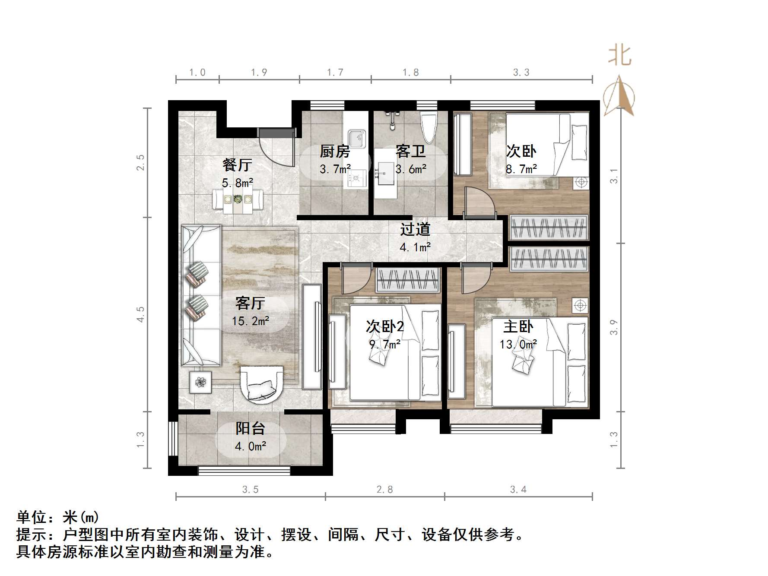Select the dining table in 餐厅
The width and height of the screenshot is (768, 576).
click(238, 199)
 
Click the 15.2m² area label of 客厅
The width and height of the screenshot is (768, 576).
click(251, 321)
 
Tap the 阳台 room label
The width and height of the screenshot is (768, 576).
click(250, 428)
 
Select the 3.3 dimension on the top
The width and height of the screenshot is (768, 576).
click(521, 73)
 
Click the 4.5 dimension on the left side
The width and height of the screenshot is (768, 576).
click(140, 314)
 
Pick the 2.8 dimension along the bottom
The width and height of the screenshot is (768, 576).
click(384, 490)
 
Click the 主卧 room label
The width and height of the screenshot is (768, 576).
click(518, 326)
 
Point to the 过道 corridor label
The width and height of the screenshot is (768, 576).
click(415, 229)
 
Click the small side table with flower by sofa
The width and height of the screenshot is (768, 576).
click(200, 382)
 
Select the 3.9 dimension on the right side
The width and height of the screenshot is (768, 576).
click(614, 327)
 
